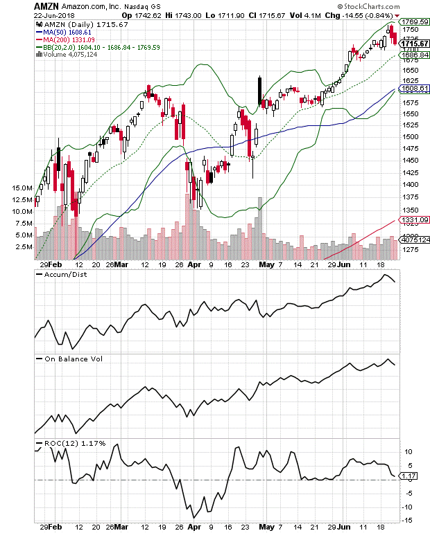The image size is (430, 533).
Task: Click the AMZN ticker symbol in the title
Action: pos(46,5)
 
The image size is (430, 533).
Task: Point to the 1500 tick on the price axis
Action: pos(411,137)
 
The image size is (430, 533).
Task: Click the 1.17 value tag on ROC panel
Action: pos(409,476)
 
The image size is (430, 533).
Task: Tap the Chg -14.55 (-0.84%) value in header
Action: pos(353,15)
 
